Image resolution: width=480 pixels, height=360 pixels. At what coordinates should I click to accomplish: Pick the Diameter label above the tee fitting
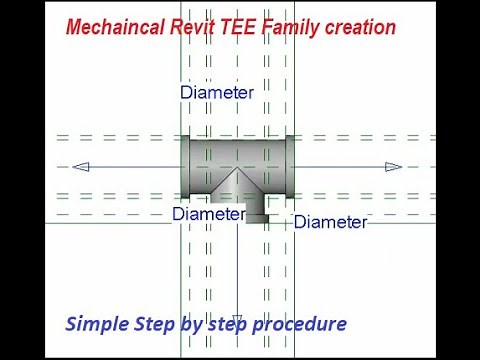click(217, 92)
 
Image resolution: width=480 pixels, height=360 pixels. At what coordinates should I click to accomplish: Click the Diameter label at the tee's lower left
click(208, 213)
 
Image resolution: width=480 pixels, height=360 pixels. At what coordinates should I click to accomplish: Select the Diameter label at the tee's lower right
click(330, 222)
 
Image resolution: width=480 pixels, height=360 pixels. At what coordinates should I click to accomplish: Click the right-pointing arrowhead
click(394, 167)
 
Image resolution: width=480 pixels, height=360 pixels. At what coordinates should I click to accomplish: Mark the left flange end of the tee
click(185, 166)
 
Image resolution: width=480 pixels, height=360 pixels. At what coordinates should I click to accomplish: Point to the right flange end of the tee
click(288, 166)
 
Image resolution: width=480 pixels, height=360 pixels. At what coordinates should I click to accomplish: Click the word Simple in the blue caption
click(95, 324)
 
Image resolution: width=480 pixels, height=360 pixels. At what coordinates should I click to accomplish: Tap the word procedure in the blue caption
click(301, 325)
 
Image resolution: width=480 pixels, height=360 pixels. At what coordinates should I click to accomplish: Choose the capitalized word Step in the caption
click(151, 325)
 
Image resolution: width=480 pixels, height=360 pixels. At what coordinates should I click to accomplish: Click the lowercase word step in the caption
click(226, 325)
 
